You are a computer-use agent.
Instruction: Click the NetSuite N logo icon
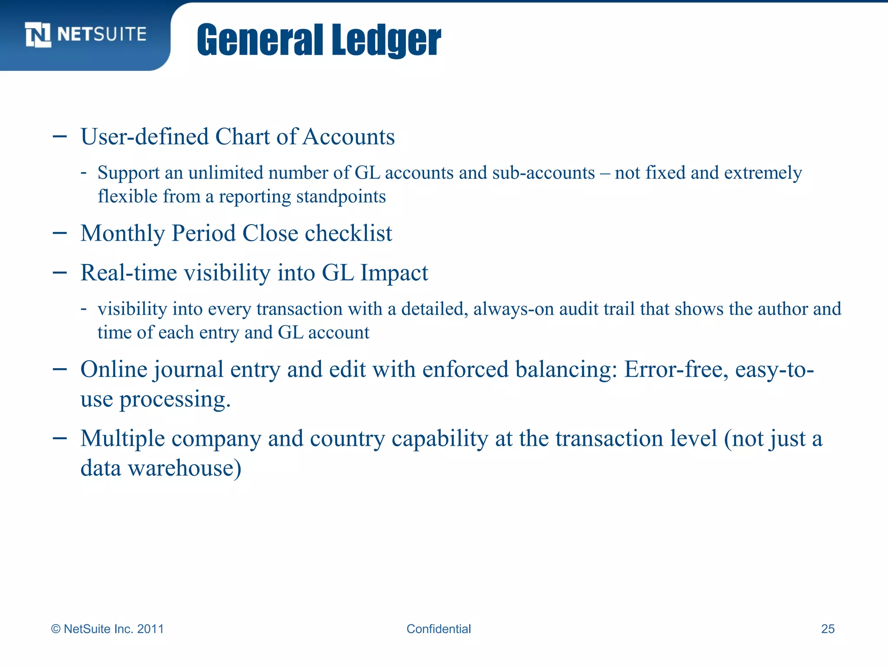tap(38, 34)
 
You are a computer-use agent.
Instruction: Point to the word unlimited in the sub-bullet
tap(225, 173)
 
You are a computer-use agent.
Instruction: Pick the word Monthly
tap(123, 234)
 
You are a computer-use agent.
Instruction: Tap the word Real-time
tap(129, 273)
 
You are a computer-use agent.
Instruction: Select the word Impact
tap(394, 273)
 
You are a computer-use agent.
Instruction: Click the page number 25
tap(828, 629)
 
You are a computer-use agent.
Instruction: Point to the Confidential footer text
tap(438, 629)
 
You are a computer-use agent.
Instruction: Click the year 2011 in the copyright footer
tap(150, 629)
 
